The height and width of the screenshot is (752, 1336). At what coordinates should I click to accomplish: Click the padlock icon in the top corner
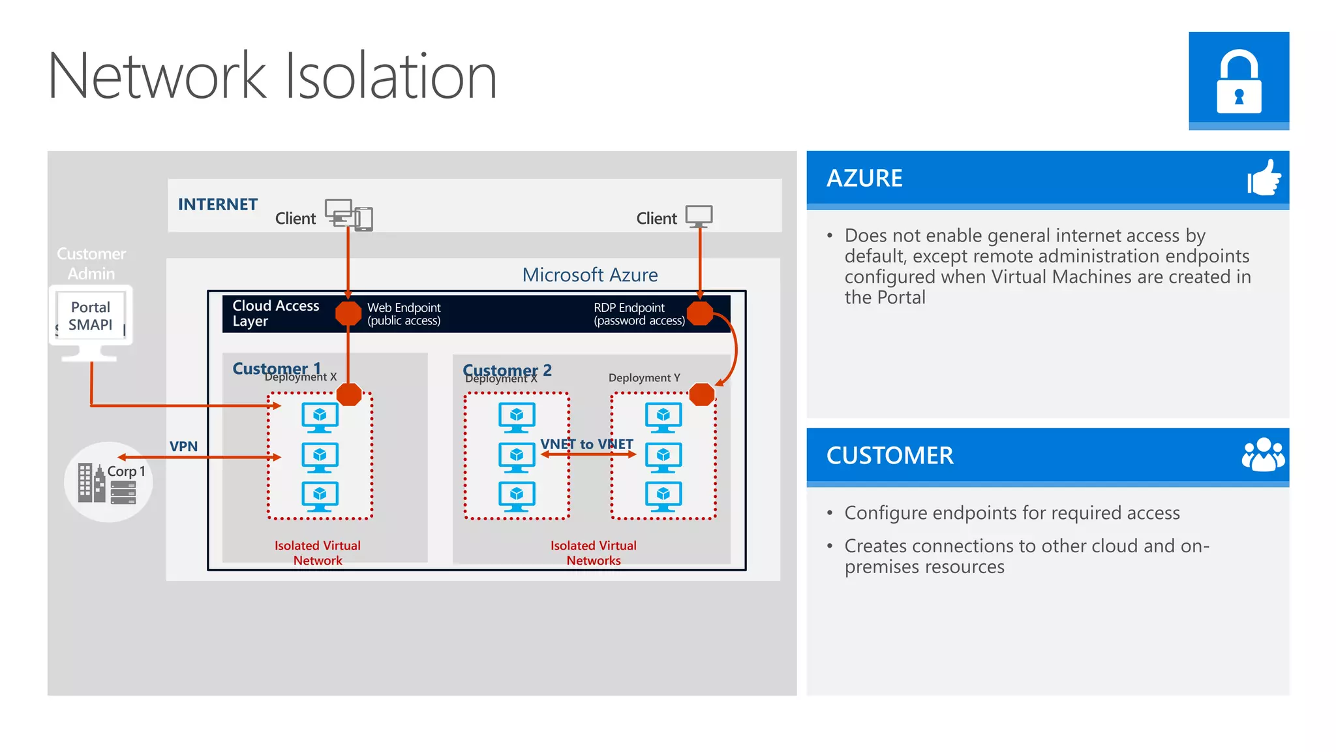(x=1238, y=81)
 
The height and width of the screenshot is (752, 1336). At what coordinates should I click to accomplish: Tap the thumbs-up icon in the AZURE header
(x=1264, y=178)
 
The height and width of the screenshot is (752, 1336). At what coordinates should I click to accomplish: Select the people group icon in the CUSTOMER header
(x=1263, y=455)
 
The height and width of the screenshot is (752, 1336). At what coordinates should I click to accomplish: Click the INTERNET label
(x=217, y=204)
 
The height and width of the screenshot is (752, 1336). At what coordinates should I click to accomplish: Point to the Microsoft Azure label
(x=590, y=275)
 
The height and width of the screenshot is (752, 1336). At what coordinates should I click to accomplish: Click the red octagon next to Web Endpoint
(x=348, y=313)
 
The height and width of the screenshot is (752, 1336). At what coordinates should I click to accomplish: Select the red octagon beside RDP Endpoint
(x=700, y=313)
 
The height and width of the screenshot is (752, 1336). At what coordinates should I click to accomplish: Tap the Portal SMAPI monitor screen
(x=91, y=316)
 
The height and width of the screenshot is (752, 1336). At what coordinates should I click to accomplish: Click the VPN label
(x=183, y=446)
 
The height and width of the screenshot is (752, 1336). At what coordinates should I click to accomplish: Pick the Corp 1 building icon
(x=91, y=483)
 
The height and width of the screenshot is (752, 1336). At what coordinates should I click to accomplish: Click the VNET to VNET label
(x=586, y=444)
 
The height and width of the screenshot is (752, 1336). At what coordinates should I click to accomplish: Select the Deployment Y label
(x=644, y=378)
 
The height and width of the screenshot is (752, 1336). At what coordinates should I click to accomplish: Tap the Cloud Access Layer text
(x=275, y=313)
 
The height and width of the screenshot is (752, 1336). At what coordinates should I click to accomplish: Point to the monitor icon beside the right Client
(x=699, y=215)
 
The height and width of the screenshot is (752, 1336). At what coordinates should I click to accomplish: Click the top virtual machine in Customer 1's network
(x=320, y=417)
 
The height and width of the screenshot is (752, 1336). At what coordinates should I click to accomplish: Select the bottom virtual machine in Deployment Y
(x=663, y=496)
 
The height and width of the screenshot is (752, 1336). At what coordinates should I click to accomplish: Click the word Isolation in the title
(x=391, y=76)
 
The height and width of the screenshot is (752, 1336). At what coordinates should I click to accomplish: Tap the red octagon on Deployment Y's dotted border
(x=702, y=394)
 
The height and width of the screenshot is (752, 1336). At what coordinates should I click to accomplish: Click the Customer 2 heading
(x=507, y=370)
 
